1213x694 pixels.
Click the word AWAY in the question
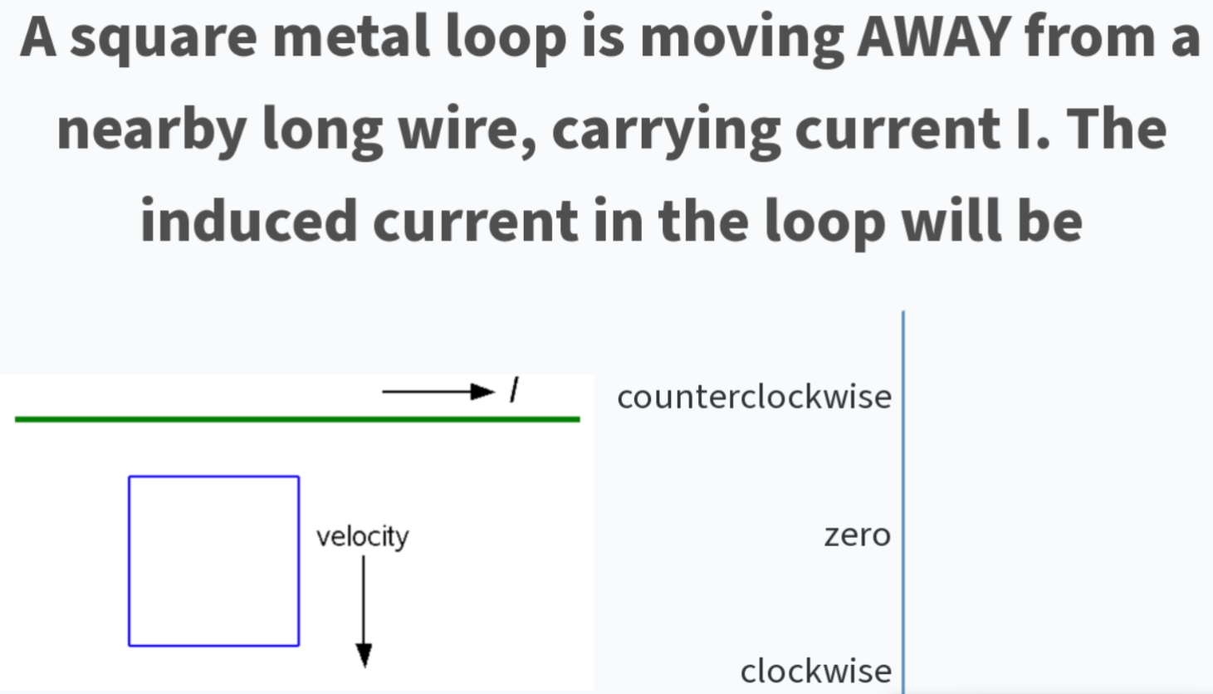(934, 37)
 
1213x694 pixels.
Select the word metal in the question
(351, 36)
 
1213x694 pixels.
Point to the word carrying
(666, 132)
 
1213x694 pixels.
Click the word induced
(248, 220)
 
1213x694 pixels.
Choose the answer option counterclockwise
(755, 397)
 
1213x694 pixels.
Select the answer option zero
(857, 535)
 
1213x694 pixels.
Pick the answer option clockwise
(816, 671)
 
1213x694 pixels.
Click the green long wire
(297, 419)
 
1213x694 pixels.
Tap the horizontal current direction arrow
(438, 391)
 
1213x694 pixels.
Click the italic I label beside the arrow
(514, 390)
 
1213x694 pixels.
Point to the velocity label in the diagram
(363, 537)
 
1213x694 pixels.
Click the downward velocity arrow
(364, 612)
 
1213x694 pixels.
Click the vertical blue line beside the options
(903, 502)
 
